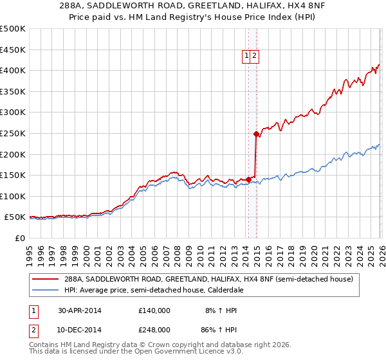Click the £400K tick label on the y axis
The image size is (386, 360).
12,70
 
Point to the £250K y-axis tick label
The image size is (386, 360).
12,133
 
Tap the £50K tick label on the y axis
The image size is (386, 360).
15,217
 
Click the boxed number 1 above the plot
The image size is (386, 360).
247,57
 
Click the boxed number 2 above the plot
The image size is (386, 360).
255,57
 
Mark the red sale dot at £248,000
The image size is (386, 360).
255,134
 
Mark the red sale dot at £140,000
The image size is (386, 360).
248,179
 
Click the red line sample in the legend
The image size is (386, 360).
45,280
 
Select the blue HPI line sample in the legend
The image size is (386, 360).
45,290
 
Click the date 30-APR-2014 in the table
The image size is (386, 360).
80,310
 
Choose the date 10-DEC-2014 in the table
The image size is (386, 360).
80,329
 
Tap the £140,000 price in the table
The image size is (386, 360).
154,310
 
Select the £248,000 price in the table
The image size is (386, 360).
154,329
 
